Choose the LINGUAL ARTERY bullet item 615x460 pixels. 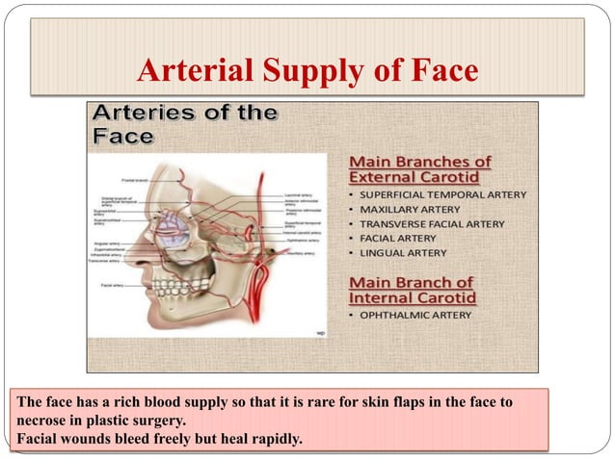(403, 252)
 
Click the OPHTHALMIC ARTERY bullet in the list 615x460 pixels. (415, 315)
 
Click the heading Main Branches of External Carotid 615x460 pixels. (419, 168)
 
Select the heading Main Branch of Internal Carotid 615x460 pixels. (412, 290)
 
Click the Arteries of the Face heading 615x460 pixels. (184, 123)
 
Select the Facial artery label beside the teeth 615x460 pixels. (112, 285)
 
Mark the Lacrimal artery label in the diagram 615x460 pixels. (296, 194)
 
